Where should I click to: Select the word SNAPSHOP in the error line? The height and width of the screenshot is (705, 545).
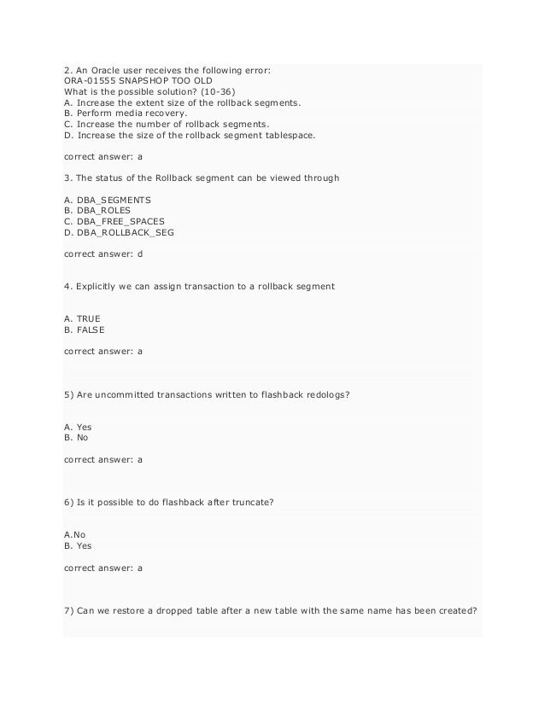point(147,80)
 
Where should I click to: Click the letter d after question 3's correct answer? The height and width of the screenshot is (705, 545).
point(140,253)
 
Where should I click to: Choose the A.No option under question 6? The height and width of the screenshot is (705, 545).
point(75,535)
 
